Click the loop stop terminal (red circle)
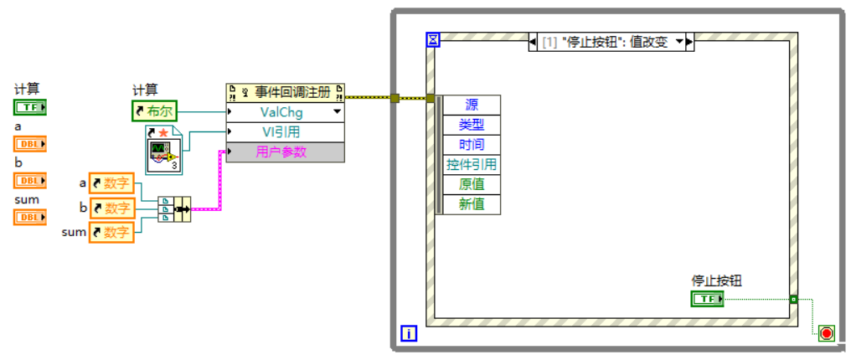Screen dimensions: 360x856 coord(827,334)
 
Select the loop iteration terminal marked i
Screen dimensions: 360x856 coord(409,333)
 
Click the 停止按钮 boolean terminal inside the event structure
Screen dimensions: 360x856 coord(708,299)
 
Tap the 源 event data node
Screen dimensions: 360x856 coord(472,105)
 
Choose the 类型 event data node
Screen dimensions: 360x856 coord(472,125)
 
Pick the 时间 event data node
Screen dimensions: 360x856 coord(472,145)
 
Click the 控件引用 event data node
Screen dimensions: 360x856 coord(472,165)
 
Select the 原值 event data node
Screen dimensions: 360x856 coord(472,184)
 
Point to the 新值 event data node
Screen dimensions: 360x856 coord(472,204)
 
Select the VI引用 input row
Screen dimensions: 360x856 coord(285,132)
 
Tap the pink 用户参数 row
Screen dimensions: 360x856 coord(285,152)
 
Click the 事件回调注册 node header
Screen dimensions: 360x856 coord(285,92)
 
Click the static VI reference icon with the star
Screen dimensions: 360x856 coord(163,150)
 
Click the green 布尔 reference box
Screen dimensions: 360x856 coord(155,111)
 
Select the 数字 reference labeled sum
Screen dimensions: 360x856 coord(112,232)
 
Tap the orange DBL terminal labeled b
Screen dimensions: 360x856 coord(29,180)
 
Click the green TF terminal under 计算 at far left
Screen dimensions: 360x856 coord(29,107)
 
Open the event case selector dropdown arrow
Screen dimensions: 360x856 coord(679,42)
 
